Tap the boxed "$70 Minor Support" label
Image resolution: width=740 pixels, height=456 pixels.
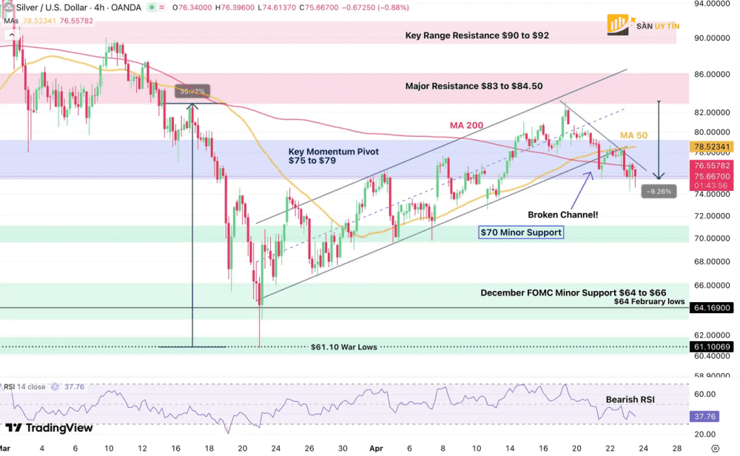click(521, 232)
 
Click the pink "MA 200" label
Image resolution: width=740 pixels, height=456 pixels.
click(466, 125)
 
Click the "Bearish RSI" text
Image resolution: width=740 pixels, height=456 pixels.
click(630, 399)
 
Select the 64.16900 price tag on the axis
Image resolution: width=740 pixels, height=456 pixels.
click(713, 307)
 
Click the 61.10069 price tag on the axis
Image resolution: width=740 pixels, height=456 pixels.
click(713, 346)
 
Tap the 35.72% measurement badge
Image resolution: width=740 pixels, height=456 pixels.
click(192, 92)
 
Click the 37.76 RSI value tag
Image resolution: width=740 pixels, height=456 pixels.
click(703, 416)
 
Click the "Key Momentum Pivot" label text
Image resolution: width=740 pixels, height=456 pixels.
click(333, 152)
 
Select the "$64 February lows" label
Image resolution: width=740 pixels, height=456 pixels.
click(649, 301)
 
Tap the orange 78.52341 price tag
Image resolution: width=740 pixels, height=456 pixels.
click(713, 147)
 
